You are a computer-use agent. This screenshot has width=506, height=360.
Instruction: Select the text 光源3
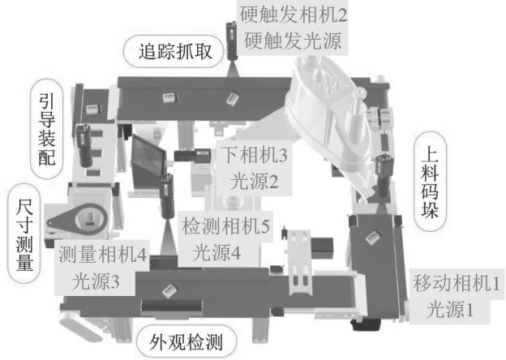click(95, 281)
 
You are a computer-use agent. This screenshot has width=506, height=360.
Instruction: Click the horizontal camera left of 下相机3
click(194, 152)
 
